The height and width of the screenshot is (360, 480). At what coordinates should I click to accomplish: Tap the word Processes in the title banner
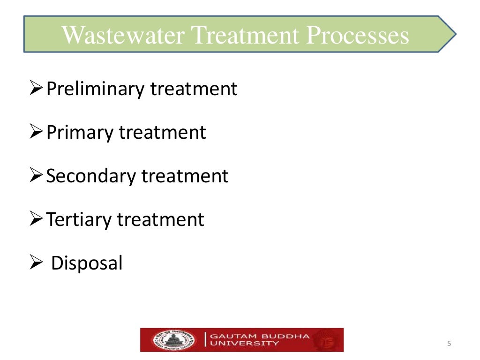tap(358, 36)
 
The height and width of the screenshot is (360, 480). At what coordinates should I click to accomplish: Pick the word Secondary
tap(91, 176)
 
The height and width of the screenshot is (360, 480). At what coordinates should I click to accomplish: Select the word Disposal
tap(87, 263)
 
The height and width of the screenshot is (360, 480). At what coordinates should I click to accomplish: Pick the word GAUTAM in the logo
tap(230, 336)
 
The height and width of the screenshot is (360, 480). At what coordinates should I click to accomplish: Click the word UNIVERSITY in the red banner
tap(244, 344)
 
